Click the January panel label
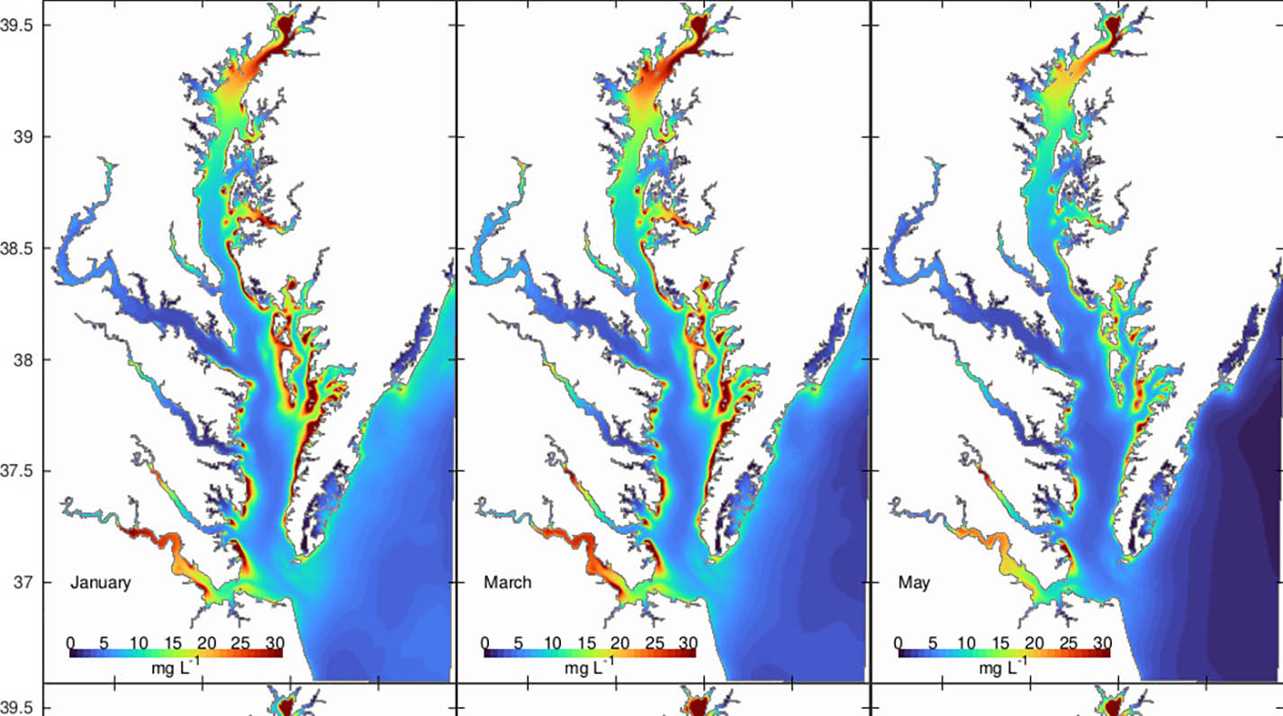(x=100, y=583)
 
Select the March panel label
(x=508, y=583)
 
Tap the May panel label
(x=914, y=583)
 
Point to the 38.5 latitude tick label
(x=19, y=249)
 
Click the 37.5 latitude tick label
(x=19, y=471)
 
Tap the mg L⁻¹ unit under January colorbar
(x=176, y=669)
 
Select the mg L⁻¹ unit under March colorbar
(x=590, y=669)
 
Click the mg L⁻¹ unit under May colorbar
(x=1004, y=669)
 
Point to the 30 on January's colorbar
(x=275, y=642)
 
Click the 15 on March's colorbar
(x=586, y=642)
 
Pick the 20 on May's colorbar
(x=1034, y=642)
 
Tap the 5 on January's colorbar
(x=104, y=642)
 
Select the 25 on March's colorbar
(x=655, y=642)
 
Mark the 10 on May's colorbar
(x=966, y=642)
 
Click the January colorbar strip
(x=176, y=653)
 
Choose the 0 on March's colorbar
(x=485, y=642)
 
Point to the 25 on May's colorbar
(x=1068, y=642)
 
